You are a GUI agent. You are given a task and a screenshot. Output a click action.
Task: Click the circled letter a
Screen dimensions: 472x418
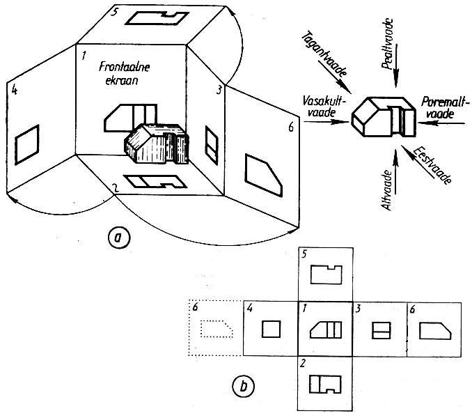tap(119, 238)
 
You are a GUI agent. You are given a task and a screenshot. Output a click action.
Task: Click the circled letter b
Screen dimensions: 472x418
tap(243, 387)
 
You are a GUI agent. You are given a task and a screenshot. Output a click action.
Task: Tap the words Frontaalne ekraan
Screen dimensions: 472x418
tap(124, 73)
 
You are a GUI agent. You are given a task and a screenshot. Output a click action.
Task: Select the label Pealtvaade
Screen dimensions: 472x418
tap(388, 44)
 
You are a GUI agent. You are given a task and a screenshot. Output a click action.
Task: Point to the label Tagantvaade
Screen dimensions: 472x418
tap(324, 54)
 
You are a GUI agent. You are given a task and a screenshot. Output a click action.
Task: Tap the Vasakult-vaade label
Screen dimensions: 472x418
tap(323, 107)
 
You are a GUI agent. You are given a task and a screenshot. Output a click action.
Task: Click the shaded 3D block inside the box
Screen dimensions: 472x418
tap(157, 144)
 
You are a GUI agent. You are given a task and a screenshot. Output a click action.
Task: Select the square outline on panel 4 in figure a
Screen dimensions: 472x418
tap(26, 144)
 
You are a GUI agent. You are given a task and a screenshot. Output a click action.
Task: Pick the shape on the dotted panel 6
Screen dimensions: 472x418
tap(217, 328)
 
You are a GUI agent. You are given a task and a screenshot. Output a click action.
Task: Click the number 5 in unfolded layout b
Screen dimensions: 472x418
tap(304, 254)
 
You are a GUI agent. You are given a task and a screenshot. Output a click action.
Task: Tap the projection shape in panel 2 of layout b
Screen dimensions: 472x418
tap(325, 384)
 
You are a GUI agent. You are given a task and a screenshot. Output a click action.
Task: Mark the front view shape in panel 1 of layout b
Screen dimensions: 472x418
tap(325, 330)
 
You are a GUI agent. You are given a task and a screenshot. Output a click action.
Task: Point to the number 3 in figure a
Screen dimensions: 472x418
tap(219, 90)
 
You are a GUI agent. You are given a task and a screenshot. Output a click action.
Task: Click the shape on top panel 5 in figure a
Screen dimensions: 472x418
tap(157, 18)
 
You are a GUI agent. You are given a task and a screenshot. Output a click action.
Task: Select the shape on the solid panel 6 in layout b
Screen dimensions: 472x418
tap(435, 331)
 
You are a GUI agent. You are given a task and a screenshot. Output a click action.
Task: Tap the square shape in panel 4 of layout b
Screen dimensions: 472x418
tap(271, 329)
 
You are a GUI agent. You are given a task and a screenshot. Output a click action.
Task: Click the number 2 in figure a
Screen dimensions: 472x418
tap(114, 188)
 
